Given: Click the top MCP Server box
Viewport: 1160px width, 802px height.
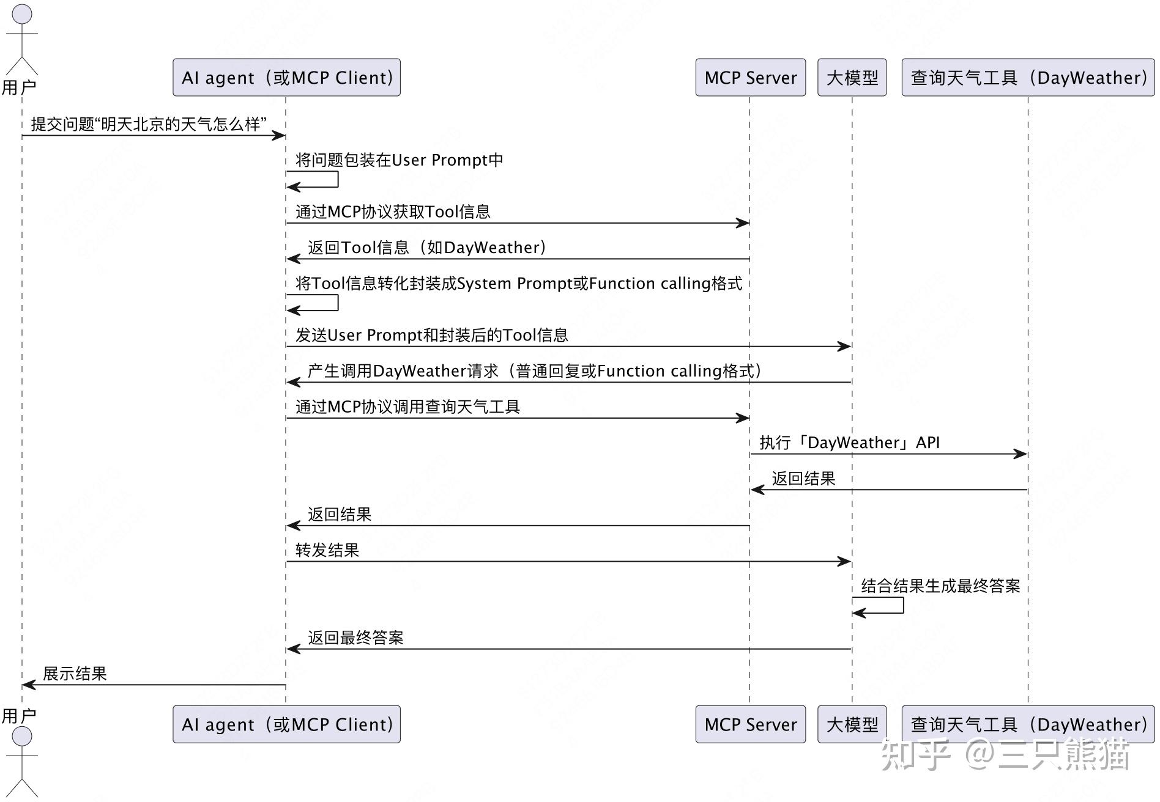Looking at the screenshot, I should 750,78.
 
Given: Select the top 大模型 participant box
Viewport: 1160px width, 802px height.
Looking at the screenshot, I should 852,78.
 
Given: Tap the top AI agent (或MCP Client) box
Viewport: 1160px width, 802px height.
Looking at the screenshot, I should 286,78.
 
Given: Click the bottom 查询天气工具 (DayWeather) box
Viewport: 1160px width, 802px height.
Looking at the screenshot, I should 1028,724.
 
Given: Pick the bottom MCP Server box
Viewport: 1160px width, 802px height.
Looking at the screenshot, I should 750,724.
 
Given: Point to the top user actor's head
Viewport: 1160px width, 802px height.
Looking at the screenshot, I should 22,15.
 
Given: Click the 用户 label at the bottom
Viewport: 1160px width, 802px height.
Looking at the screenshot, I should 18,715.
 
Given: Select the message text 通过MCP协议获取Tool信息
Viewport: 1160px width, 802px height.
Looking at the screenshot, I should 393,212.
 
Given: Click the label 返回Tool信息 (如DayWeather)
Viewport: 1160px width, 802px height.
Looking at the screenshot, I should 427,248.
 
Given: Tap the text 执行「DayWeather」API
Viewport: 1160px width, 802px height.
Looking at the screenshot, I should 849,443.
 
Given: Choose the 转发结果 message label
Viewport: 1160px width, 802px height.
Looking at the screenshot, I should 327,550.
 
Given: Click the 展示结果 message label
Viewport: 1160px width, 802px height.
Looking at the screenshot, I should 75,674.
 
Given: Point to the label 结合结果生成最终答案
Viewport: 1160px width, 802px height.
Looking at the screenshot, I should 940,586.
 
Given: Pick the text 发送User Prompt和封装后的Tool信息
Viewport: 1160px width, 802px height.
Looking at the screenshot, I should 432,335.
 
